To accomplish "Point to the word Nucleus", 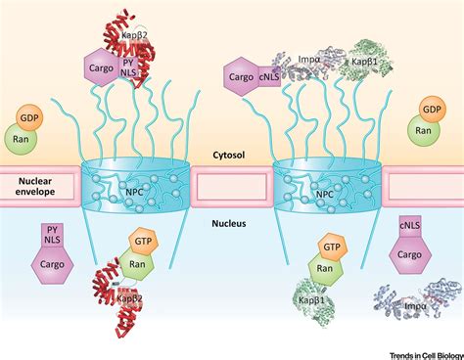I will (x=232, y=224).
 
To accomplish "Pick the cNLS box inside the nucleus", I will (x=411, y=229).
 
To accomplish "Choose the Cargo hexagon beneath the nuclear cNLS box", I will (x=411, y=255).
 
